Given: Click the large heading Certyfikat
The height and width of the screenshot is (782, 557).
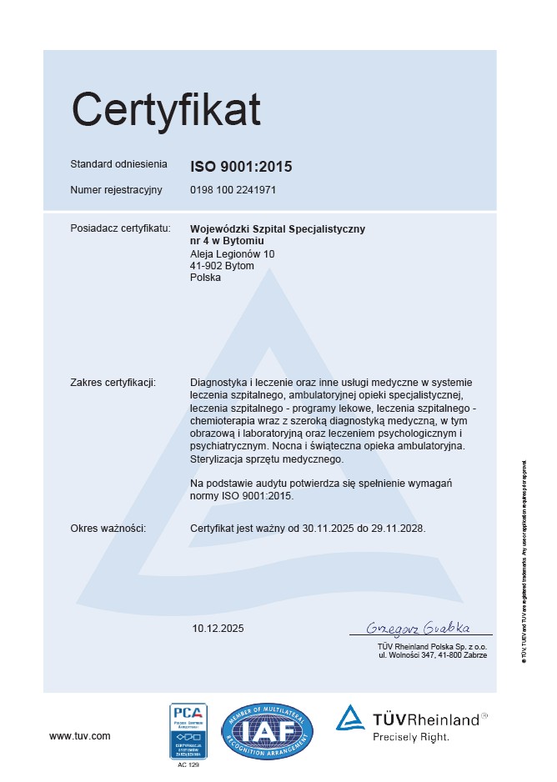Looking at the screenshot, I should pyautogui.click(x=166, y=109).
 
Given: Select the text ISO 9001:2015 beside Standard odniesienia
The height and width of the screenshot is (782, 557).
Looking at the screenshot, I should pyautogui.click(x=241, y=166).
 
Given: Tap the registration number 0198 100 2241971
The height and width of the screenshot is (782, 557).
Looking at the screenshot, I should pyautogui.click(x=233, y=190).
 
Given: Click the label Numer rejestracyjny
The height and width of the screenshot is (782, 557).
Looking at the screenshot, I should pyautogui.click(x=116, y=190).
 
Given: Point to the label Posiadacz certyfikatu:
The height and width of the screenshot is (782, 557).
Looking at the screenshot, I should pyautogui.click(x=120, y=228).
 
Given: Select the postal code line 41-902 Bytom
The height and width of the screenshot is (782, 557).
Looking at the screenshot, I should pyautogui.click(x=223, y=266).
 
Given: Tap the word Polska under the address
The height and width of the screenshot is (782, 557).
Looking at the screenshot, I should pyautogui.click(x=206, y=278).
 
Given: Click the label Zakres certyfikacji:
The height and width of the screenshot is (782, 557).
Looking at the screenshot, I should pyautogui.click(x=113, y=383).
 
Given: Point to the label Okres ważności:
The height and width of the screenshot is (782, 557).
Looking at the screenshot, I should pyautogui.click(x=108, y=529).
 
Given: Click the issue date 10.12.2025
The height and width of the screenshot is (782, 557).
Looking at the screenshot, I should pyautogui.click(x=218, y=628).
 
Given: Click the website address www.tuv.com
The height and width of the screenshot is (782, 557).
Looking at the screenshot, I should pyautogui.click(x=80, y=736).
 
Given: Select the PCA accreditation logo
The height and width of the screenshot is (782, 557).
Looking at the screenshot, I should pyautogui.click(x=188, y=730).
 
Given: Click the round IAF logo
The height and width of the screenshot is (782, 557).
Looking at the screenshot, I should pyautogui.click(x=267, y=731).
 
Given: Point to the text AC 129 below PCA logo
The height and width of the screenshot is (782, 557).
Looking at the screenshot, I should pyautogui.click(x=188, y=764).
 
